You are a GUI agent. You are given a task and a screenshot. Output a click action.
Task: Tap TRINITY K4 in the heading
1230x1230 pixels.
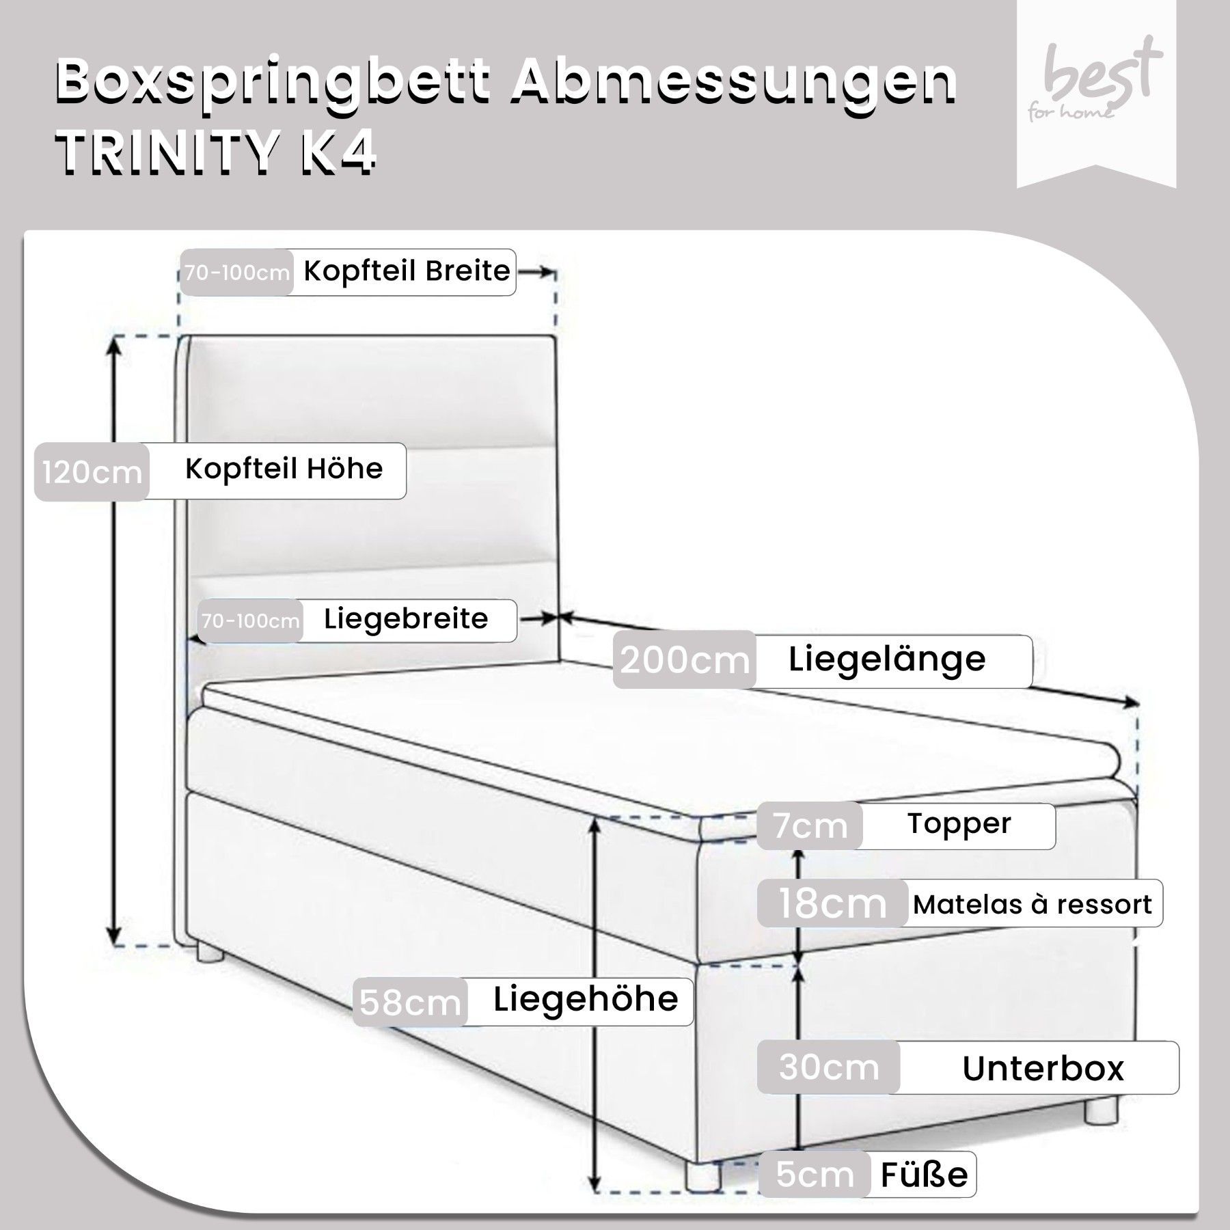tap(216, 154)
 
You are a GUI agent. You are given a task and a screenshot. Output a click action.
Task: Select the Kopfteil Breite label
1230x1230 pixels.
tap(407, 272)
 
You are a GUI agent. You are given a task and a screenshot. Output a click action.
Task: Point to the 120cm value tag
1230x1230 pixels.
tap(92, 472)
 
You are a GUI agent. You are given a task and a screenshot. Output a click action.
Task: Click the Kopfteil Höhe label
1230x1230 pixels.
tap(284, 469)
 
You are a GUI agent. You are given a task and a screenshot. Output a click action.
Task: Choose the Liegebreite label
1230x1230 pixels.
tap(406, 619)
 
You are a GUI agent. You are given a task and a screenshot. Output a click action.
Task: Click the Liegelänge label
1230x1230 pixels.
tap(887, 659)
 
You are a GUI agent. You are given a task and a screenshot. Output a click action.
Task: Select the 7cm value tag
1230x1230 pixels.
tap(810, 826)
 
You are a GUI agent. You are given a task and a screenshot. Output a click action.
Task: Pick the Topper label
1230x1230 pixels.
tap(959, 824)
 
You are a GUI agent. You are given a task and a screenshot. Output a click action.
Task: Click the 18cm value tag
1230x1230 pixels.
tap(832, 903)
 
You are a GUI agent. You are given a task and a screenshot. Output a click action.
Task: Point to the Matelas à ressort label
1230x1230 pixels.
tap(1033, 904)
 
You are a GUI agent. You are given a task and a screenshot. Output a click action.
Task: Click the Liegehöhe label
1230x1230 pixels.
tap(586, 1000)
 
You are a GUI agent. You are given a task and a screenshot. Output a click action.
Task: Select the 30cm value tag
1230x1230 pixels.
tap(828, 1067)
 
